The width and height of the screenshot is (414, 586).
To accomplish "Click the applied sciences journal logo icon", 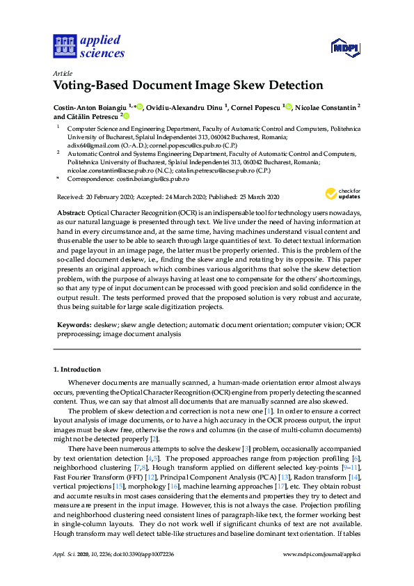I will (x=63, y=47).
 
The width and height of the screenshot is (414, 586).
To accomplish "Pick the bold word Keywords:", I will (x=72, y=325).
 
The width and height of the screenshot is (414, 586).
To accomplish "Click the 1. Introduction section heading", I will (x=77, y=370).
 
